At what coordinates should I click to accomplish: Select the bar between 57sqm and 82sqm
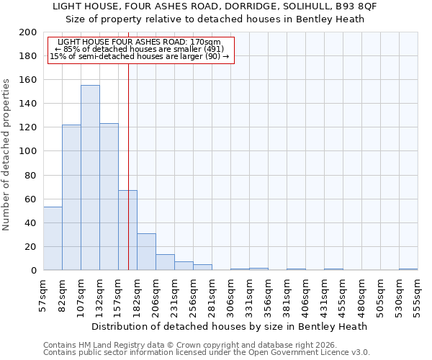click(53, 238)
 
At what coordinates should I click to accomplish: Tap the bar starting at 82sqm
click(71, 197)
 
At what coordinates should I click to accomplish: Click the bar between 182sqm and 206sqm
click(146, 251)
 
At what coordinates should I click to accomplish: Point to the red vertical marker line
click(128, 166)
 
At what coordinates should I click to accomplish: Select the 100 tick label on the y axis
click(28, 151)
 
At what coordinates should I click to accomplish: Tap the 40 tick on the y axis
click(31, 222)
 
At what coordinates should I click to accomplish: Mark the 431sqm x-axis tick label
click(325, 296)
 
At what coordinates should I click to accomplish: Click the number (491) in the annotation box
click(210, 50)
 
